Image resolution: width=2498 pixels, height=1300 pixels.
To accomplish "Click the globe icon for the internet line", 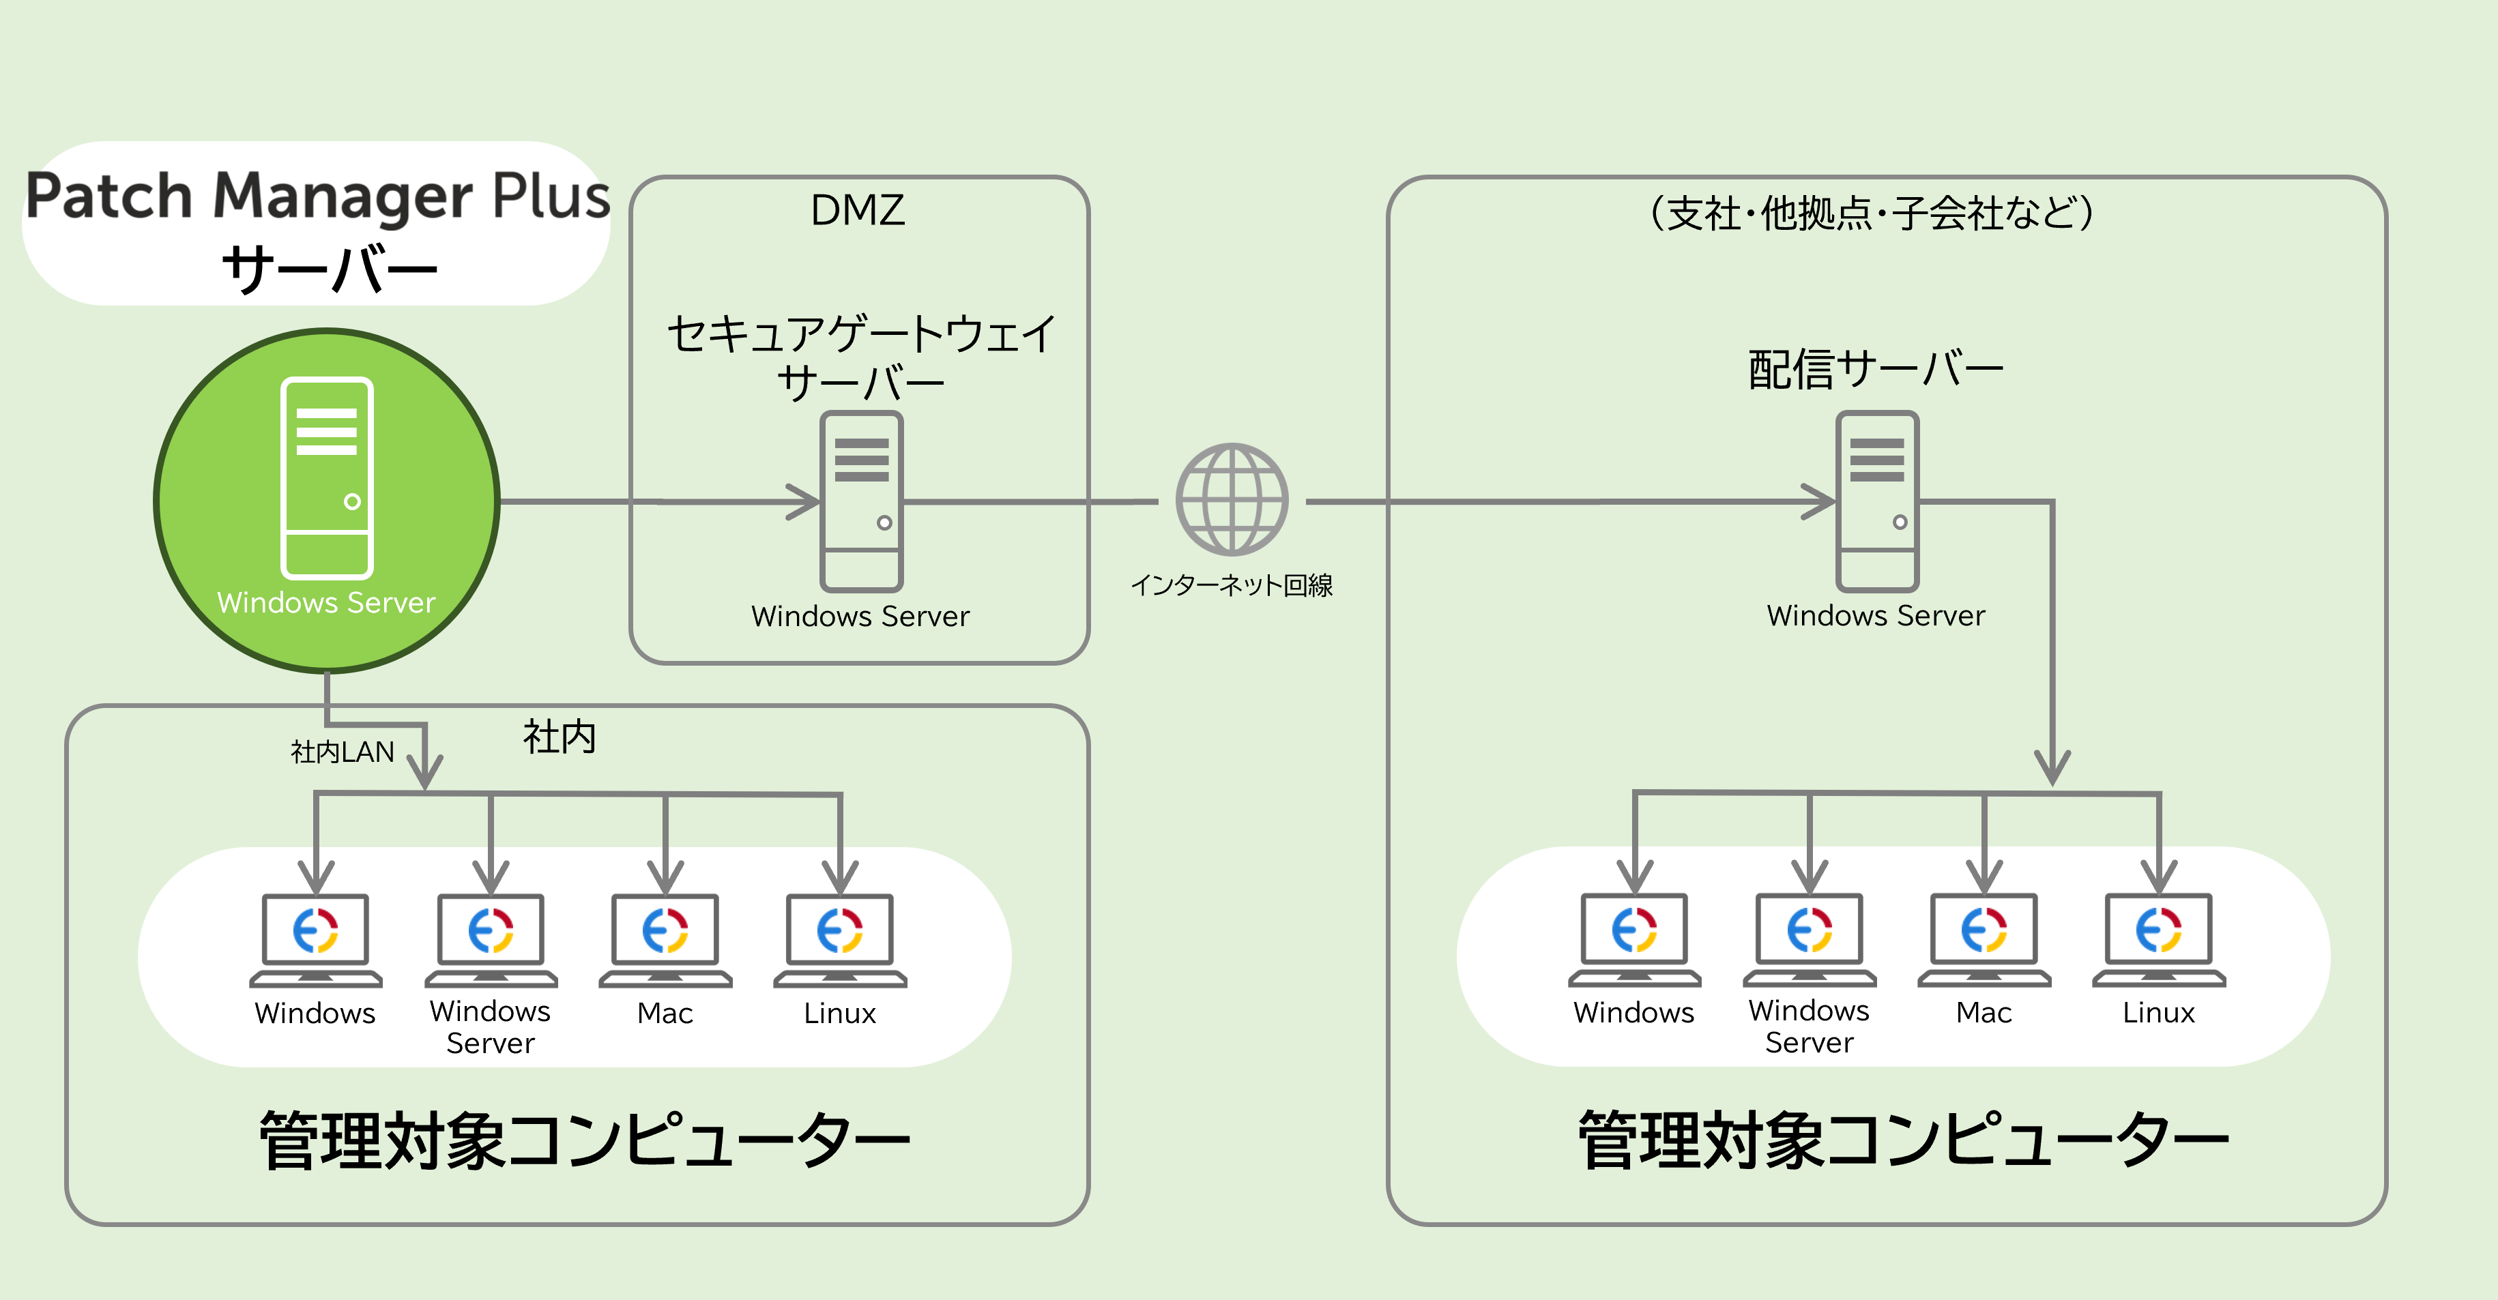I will point(1232,499).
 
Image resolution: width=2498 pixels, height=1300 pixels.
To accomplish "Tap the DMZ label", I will point(857,210).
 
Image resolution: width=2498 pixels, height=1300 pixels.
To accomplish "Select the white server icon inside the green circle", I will point(327,478).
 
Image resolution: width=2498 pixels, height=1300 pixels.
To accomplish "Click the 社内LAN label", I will point(343,752).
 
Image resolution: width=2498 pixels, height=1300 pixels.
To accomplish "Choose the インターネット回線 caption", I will point(1232,585).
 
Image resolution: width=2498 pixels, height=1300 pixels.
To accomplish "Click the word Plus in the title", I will point(551,197).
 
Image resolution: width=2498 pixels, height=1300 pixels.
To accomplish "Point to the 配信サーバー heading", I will point(1876,370).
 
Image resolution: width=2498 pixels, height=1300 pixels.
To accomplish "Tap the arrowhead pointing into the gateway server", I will point(805,501).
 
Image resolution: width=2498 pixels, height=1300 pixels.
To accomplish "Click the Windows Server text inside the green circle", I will point(326,603).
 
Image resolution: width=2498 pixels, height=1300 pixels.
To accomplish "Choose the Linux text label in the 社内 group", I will point(840,1013).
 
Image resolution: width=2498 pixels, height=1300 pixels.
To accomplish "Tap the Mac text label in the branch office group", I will point(1984,1012).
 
